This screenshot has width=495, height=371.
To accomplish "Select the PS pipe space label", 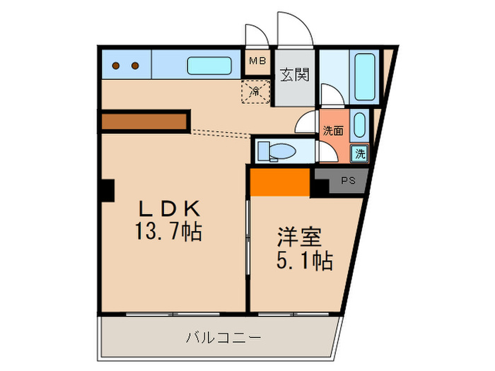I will (347, 180).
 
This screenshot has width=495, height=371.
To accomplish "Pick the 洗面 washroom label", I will (333, 130).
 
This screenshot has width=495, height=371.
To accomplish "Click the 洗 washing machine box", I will (361, 153).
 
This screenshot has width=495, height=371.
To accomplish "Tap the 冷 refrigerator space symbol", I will (256, 90).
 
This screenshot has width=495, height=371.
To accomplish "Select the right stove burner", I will (134, 66).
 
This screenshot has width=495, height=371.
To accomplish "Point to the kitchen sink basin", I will (209, 66).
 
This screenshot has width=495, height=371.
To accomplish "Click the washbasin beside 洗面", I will (359, 126).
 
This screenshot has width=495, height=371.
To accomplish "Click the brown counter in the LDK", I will (145, 121).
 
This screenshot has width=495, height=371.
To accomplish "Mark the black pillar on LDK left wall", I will (107, 189).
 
